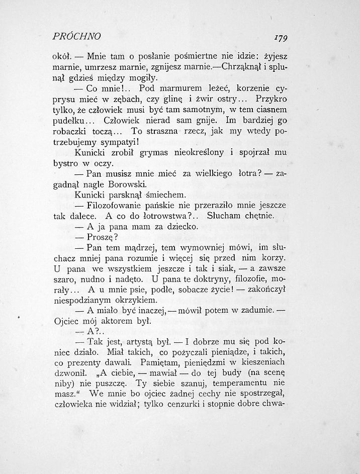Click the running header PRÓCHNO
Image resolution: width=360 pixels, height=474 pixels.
[x=77, y=36]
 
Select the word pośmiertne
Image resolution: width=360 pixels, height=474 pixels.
[x=198, y=56]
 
